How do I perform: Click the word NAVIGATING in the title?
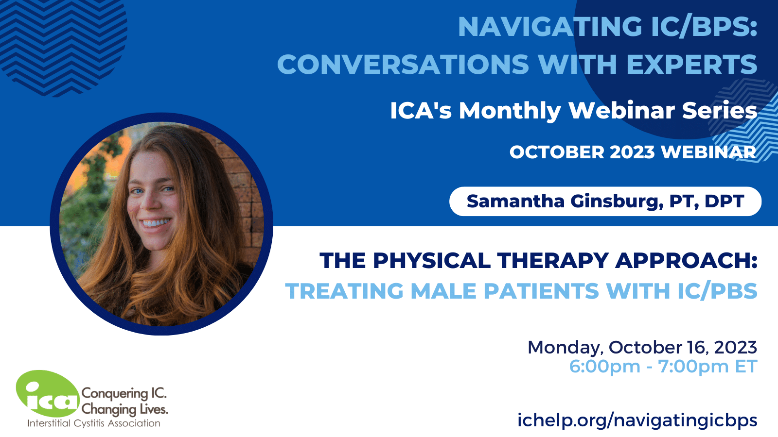550,27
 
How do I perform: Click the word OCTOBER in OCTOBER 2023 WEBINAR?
557,152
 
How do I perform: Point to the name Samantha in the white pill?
515,201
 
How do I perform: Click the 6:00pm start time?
605,366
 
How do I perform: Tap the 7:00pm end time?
693,366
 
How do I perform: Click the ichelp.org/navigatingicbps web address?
637,420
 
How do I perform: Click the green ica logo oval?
48,394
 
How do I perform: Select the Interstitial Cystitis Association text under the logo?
94,423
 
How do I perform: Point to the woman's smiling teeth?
156,222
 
